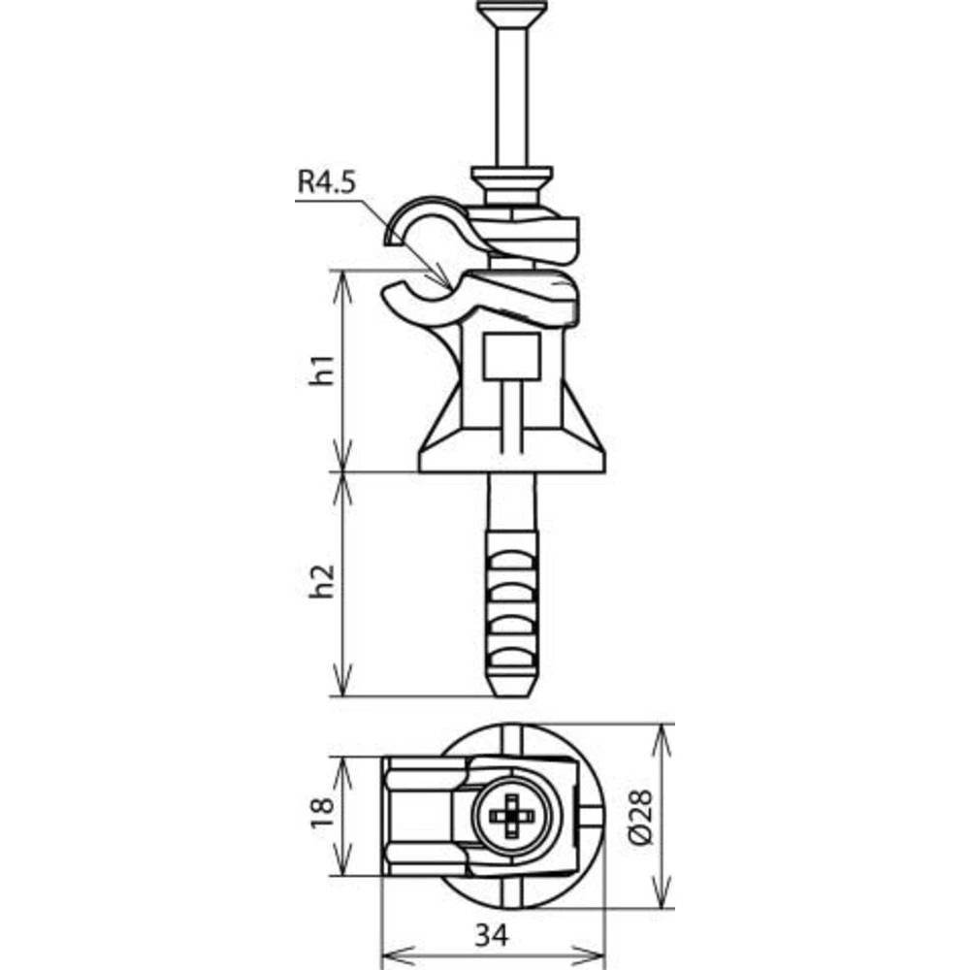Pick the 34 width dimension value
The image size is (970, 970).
pos(493,936)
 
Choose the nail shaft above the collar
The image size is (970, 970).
pos(512,97)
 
